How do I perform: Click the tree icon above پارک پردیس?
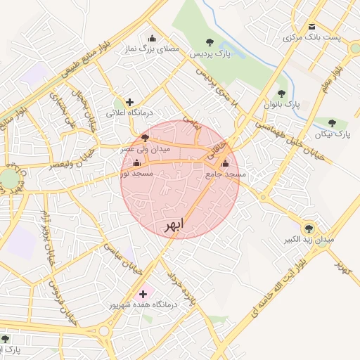click(x=209, y=41)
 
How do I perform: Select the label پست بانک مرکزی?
click(x=317, y=37)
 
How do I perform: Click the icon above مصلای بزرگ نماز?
click(x=152, y=39)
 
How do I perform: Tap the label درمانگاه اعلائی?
click(x=129, y=112)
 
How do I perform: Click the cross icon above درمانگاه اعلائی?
click(x=129, y=102)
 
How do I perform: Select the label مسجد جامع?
click(x=225, y=174)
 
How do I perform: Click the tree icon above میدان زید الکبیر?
click(x=308, y=229)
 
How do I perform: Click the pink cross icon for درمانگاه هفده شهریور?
click(x=143, y=293)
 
